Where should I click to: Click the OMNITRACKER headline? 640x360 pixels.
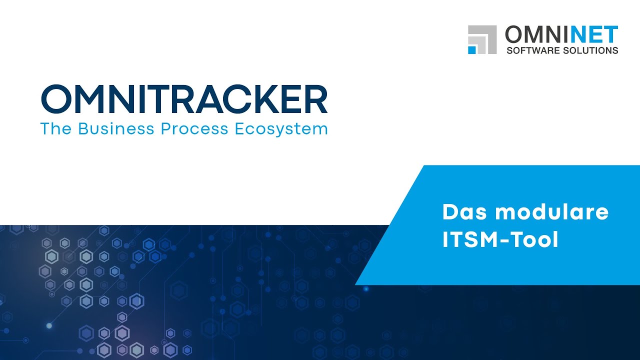point(184,99)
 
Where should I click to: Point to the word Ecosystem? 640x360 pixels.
point(281,129)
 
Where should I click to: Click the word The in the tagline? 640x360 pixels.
point(56,129)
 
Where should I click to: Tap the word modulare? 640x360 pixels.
point(551,212)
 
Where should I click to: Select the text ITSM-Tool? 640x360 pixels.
point(500,240)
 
